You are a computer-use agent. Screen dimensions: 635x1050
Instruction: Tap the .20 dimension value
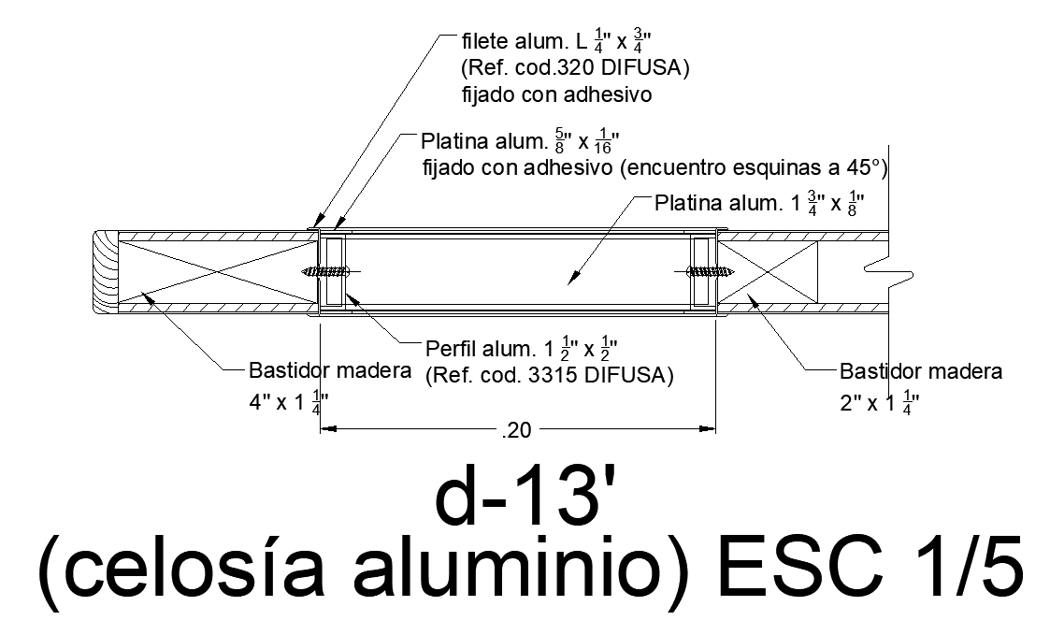tap(516, 431)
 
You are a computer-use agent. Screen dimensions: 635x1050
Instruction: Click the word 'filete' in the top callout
tap(484, 43)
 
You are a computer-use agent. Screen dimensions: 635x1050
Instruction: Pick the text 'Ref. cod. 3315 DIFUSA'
tap(549, 377)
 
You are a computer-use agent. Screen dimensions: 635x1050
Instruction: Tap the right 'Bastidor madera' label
tap(921, 371)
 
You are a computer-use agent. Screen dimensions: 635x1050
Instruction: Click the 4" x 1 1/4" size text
tap(286, 403)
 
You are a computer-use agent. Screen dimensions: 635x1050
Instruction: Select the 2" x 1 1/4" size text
tap(879, 403)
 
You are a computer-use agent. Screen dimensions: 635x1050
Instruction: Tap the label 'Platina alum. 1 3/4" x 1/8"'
tap(758, 204)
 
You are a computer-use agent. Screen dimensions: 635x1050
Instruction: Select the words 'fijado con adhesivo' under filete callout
tap(557, 94)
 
